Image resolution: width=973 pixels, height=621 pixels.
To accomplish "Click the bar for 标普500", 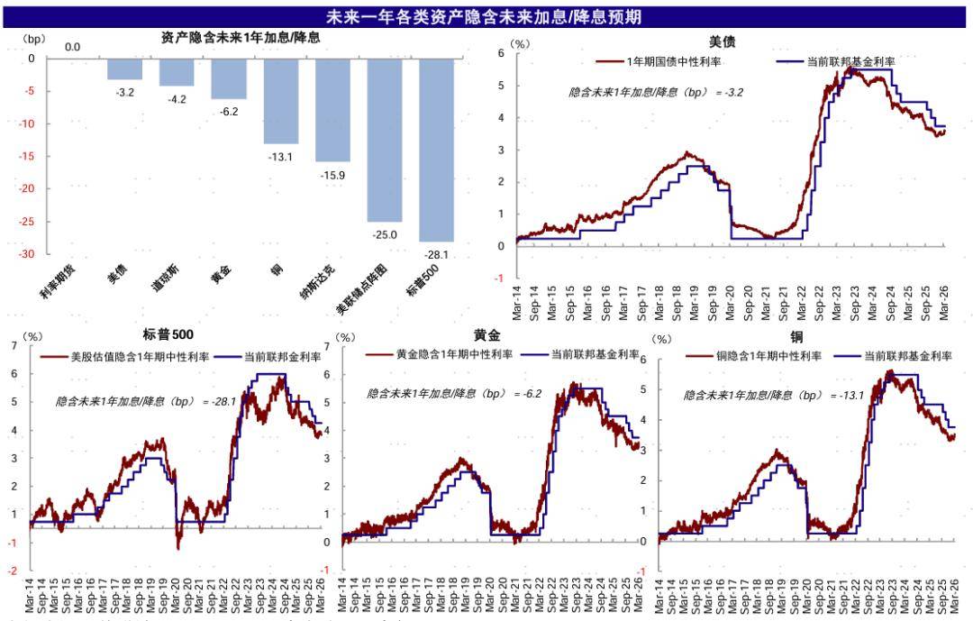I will (x=436, y=150).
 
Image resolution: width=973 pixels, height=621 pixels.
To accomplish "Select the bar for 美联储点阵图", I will (x=384, y=140).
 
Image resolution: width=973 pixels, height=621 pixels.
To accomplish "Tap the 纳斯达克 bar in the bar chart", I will (x=332, y=110).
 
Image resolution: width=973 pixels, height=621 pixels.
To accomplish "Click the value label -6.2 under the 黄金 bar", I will (x=229, y=112).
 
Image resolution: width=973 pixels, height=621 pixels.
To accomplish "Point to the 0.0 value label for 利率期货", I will (x=72, y=47).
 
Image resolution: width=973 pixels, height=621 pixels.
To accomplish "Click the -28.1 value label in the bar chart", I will (x=436, y=255).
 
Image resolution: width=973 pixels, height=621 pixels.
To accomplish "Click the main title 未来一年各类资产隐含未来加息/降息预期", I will (x=484, y=16).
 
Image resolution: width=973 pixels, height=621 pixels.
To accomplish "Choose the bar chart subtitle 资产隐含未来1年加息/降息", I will (x=241, y=38).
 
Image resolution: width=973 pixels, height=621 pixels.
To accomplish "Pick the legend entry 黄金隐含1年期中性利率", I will (x=454, y=354).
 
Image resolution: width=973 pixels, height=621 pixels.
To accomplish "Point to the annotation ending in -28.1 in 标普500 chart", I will (x=145, y=401).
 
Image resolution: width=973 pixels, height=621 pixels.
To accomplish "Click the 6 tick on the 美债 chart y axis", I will (x=501, y=53).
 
